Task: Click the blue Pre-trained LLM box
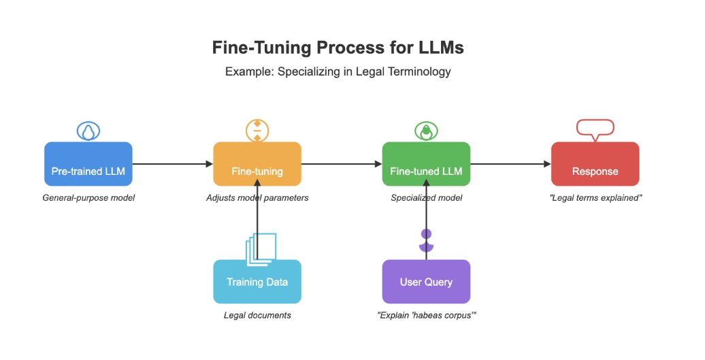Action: [x=88, y=164]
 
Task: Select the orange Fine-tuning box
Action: [x=257, y=164]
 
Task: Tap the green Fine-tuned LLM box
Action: [x=426, y=164]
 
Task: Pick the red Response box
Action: [x=595, y=164]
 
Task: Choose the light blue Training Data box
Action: [x=257, y=282]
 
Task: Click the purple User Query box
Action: [x=426, y=282]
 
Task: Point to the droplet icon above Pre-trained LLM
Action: [x=88, y=131]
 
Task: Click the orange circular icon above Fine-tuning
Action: [x=257, y=131]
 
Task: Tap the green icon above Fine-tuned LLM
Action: [x=426, y=131]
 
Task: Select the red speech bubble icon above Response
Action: [x=595, y=129]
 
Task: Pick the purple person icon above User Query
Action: [x=427, y=239]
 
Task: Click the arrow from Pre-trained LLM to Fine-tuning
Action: [x=173, y=164]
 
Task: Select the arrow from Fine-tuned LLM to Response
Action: [x=510, y=164]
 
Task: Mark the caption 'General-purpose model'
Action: [x=88, y=198]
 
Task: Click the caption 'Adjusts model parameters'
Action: [x=257, y=198]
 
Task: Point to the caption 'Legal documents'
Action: [x=257, y=315]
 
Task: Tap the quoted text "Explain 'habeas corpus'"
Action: [x=426, y=315]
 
